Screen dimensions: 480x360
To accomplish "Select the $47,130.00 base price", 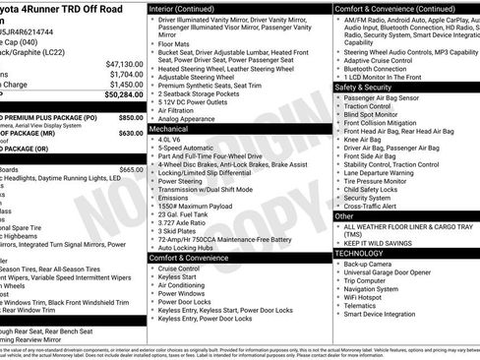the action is coord(119,63).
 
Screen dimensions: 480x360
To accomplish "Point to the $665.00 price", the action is coord(129,169).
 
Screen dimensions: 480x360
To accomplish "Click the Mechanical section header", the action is coord(169,128).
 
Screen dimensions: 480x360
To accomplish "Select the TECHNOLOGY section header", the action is coord(358,252).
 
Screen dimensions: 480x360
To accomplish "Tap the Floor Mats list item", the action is coord(175,43).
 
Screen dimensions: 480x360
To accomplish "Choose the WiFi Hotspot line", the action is coord(369,296).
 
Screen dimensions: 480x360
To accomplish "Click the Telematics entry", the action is coord(364,306).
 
